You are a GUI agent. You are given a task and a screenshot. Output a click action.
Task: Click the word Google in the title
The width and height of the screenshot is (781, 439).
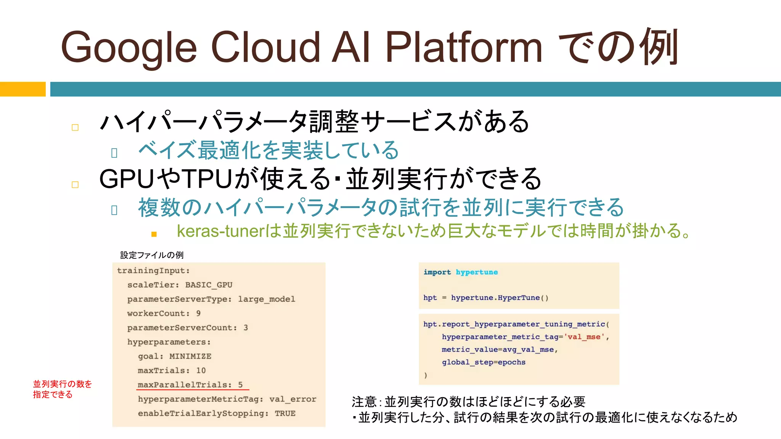point(129,48)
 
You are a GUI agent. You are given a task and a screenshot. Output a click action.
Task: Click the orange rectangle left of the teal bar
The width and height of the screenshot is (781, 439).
point(22,89)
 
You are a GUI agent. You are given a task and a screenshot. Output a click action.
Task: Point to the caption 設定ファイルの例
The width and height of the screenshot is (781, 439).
point(152,255)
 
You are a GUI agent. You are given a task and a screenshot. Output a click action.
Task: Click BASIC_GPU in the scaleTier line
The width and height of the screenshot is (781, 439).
point(209,285)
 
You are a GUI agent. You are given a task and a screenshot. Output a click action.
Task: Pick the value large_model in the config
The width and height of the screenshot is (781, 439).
point(266,299)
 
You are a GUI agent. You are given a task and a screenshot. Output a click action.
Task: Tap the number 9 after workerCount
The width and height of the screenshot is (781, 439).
point(198,314)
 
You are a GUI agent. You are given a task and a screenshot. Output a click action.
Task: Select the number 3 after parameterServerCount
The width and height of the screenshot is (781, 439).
point(246,328)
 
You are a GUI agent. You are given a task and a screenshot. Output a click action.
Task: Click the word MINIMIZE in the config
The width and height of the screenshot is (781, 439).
point(190,356)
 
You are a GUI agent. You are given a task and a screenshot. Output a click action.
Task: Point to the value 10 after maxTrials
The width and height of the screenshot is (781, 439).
point(201,370)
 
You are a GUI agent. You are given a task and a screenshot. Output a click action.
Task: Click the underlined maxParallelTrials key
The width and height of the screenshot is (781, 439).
point(184,385)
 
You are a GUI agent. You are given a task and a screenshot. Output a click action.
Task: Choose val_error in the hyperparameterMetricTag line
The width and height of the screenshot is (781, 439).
point(292,399)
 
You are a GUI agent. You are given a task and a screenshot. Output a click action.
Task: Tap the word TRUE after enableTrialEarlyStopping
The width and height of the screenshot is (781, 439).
point(285,413)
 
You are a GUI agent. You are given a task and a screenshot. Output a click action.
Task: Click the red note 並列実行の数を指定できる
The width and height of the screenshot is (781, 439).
point(62,389)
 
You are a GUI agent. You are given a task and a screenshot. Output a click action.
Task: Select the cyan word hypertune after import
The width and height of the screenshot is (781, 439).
point(477,272)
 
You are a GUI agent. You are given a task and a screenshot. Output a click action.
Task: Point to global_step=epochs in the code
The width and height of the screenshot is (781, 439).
point(484,362)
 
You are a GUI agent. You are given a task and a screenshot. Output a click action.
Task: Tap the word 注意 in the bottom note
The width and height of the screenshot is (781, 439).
point(364,402)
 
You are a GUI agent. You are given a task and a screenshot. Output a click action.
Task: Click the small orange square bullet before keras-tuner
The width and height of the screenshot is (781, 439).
point(154,234)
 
